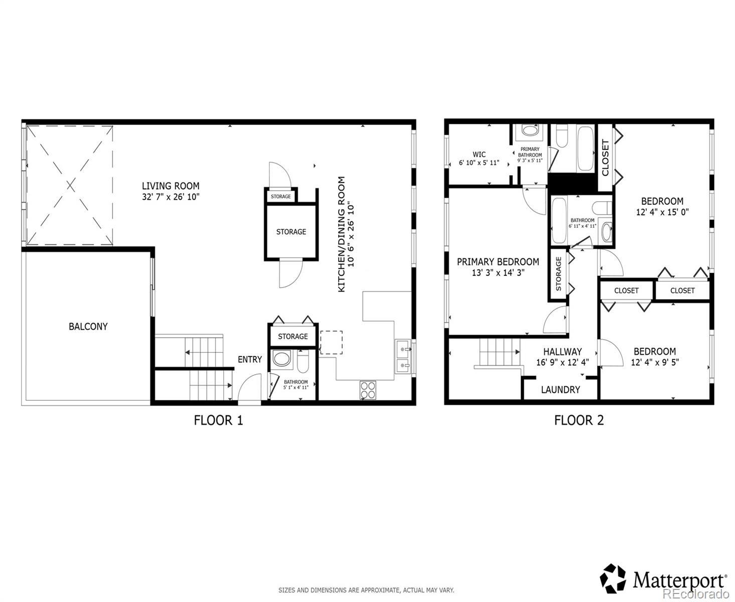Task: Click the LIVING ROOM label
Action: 171,186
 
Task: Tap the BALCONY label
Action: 88,326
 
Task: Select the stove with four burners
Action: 368,390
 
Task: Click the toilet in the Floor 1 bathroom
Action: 303,361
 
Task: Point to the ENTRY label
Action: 249,359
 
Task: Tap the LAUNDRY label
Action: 560,389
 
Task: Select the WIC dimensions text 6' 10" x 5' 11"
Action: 479,163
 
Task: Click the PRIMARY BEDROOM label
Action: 498,261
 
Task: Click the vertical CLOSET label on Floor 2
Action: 606,158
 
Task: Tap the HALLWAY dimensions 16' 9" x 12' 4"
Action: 562,362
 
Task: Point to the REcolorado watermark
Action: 696,592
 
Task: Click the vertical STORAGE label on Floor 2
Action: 558,273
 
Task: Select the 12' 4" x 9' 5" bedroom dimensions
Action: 655,362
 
